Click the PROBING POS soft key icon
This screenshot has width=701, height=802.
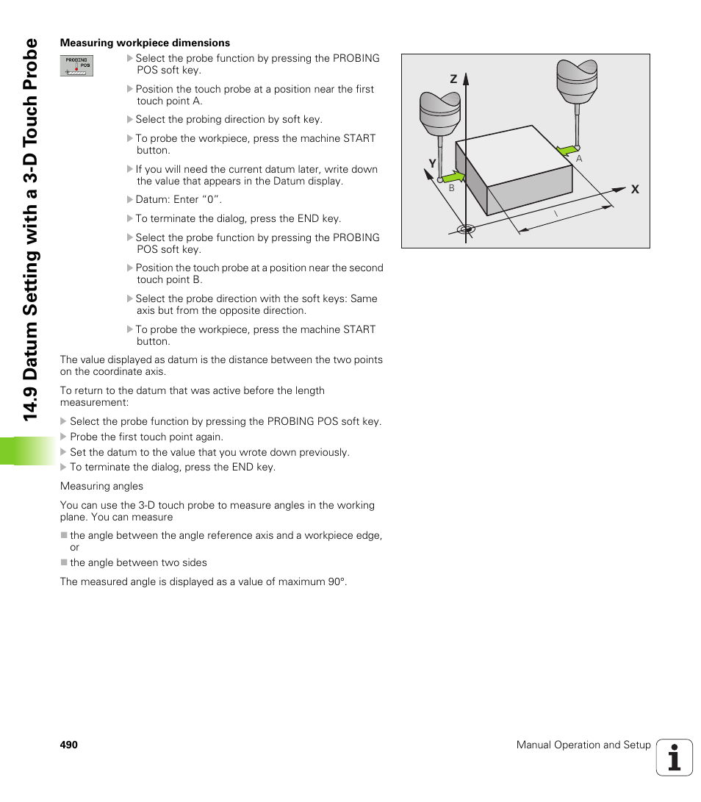click(x=76, y=65)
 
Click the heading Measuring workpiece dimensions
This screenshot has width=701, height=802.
click(x=145, y=43)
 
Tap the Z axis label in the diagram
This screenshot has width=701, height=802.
click(x=453, y=79)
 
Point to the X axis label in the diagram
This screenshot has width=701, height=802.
click(x=635, y=190)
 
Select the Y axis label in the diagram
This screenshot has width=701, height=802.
click(x=433, y=163)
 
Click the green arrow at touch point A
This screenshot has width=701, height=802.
click(x=567, y=151)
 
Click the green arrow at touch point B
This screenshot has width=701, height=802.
click(x=453, y=178)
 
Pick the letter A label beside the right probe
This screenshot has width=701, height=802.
click(x=579, y=159)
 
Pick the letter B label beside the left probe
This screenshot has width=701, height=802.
click(x=452, y=188)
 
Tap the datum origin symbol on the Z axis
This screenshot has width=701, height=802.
click(x=465, y=229)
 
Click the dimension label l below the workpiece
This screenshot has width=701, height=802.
click(x=556, y=213)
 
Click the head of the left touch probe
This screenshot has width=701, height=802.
click(x=439, y=110)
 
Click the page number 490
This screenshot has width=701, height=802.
click(x=69, y=745)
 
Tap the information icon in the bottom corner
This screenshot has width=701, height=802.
click(x=675, y=757)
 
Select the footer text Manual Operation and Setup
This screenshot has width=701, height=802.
click(x=583, y=745)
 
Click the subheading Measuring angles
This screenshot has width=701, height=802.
click(x=102, y=486)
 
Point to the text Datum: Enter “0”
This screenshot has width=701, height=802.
click(x=179, y=199)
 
